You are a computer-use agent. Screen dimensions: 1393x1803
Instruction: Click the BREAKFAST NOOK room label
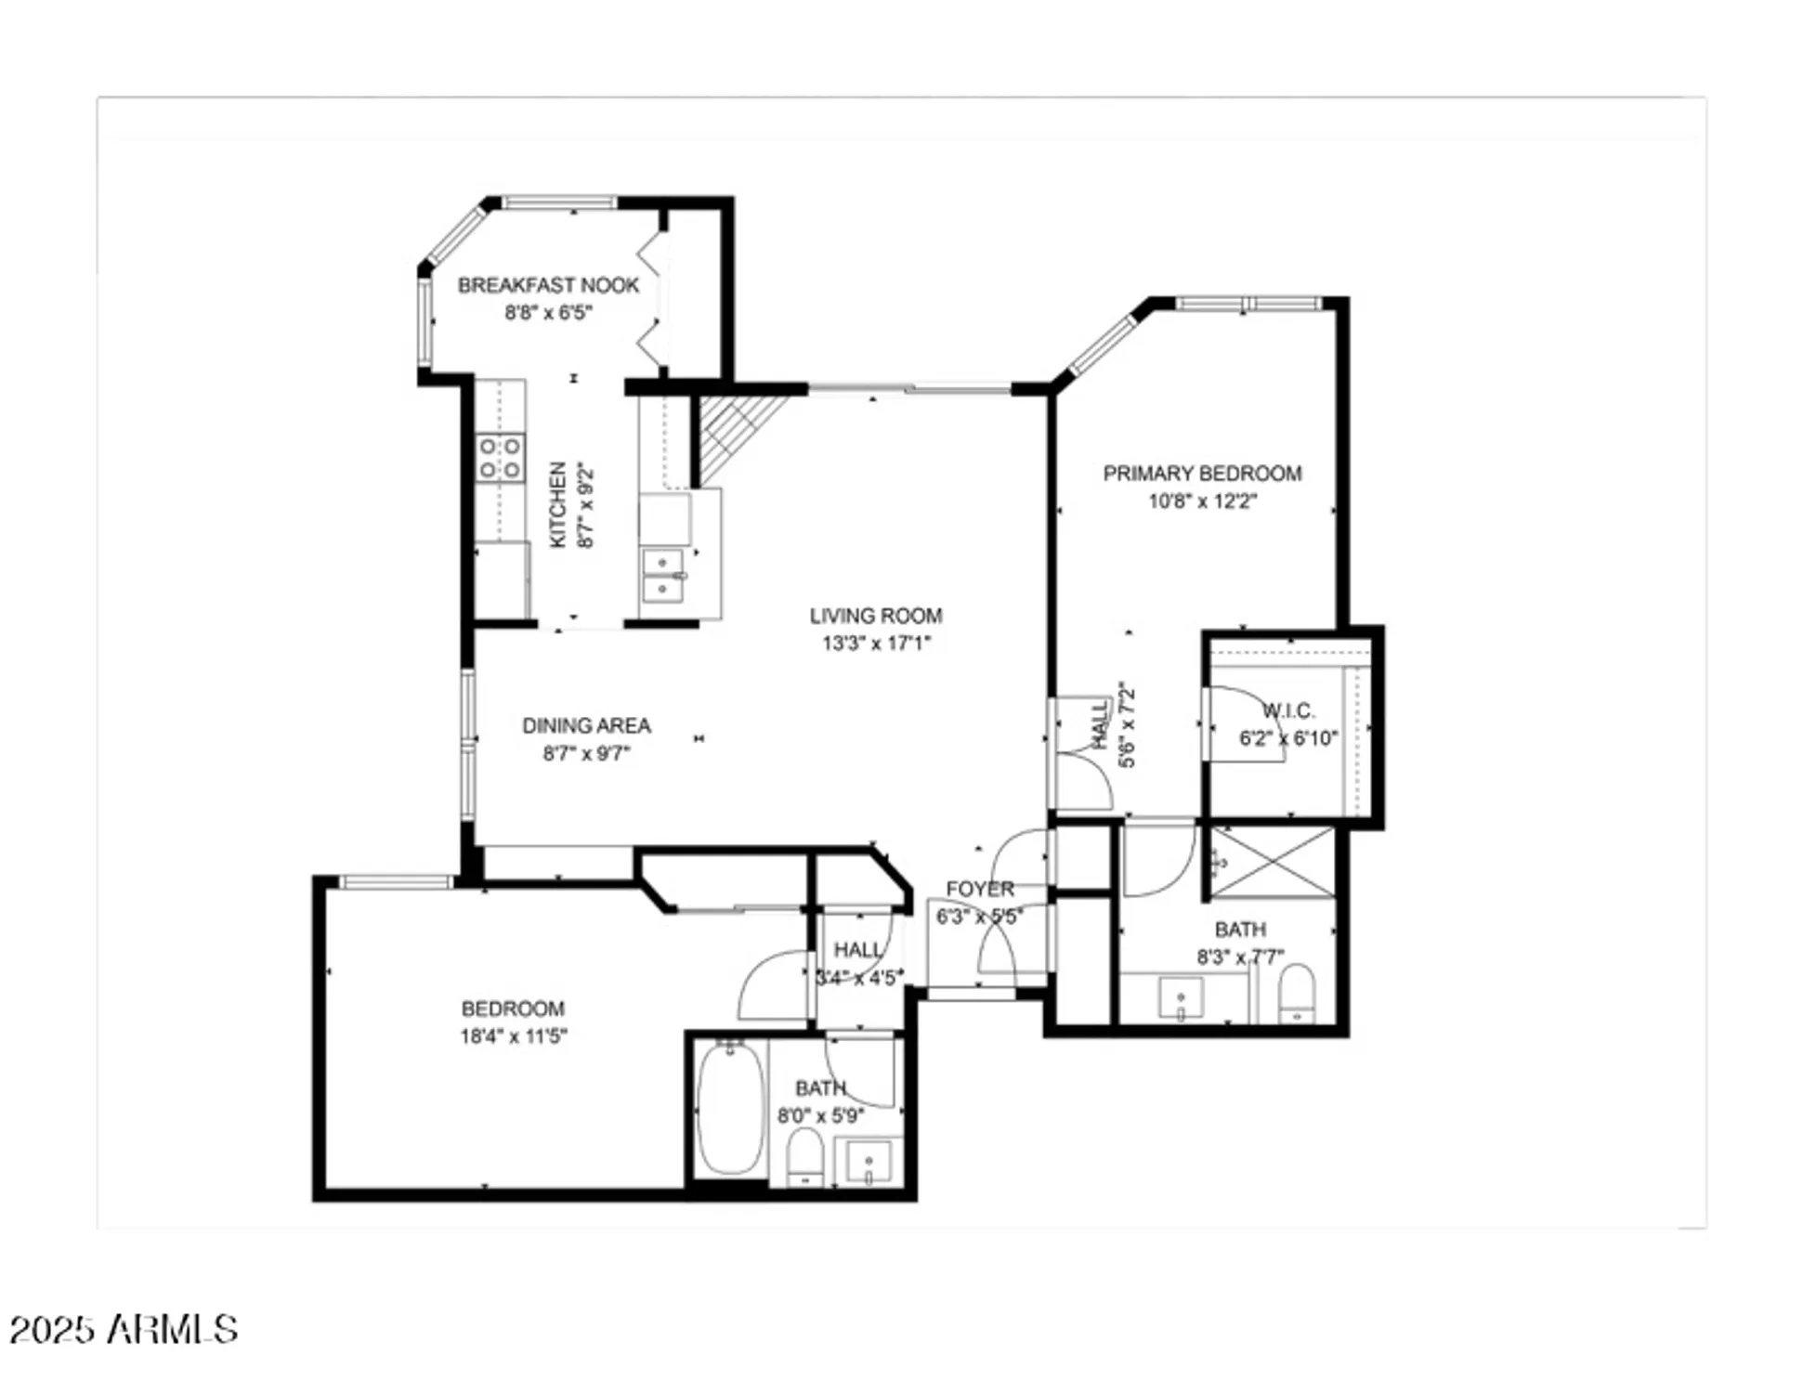point(548,285)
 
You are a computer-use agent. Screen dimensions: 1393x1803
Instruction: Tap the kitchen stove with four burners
point(500,458)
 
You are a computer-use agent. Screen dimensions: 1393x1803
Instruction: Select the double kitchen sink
point(663,576)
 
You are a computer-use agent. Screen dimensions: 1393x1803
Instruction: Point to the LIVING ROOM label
point(875,616)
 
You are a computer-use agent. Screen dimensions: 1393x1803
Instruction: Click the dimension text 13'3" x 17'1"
point(875,643)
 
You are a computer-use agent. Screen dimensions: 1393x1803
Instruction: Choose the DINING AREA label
point(586,725)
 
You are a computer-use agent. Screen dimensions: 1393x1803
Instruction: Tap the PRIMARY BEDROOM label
point(1202,474)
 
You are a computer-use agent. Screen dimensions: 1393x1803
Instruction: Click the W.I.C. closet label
point(1287,711)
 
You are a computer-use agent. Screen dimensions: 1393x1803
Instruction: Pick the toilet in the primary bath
point(1297,994)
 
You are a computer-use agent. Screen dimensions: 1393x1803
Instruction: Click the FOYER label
point(979,889)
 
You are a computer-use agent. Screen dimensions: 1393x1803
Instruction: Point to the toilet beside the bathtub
point(804,1157)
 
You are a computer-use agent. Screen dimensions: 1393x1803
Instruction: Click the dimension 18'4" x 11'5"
point(513,1036)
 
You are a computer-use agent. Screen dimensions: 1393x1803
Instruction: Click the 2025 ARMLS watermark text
point(124,1330)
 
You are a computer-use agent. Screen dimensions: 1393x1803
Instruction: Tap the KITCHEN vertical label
point(558,505)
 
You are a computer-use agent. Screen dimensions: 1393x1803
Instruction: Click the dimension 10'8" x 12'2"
point(1202,501)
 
